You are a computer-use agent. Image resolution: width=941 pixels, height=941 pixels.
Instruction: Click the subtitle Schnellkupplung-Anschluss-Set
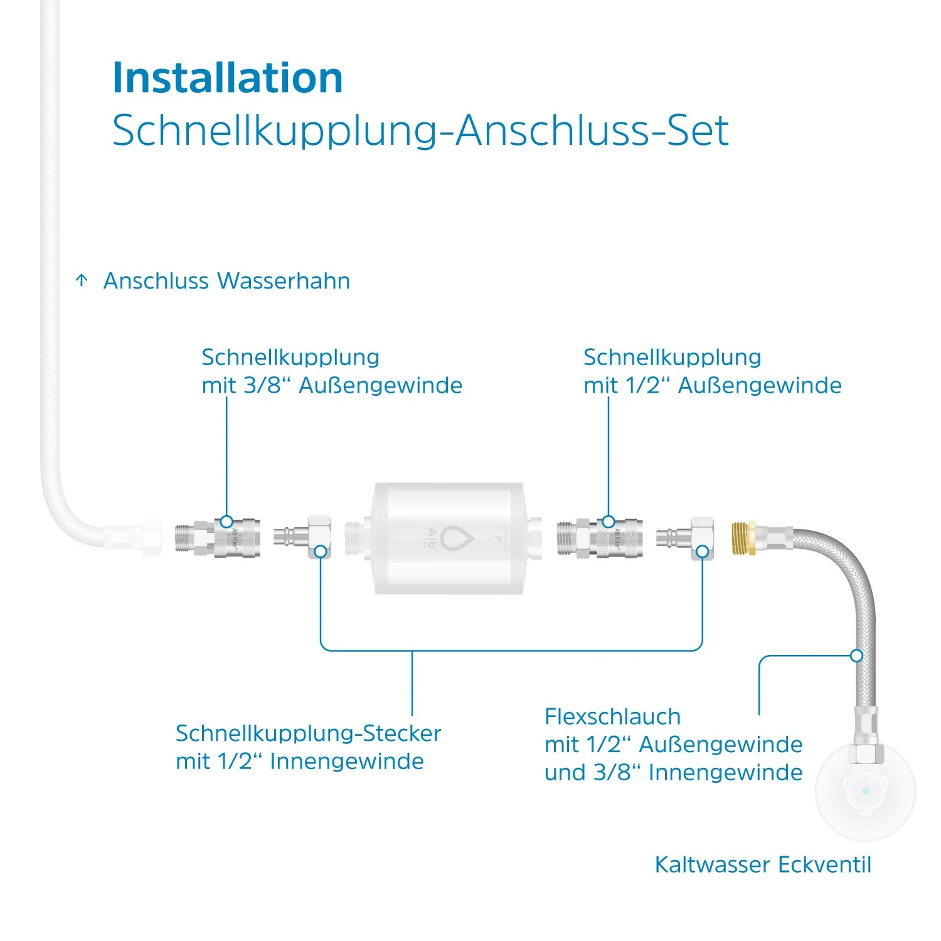click(420, 131)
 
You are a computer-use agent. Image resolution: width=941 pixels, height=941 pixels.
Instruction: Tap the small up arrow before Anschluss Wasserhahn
click(82, 280)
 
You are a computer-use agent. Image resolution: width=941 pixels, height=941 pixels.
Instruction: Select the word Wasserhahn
click(284, 280)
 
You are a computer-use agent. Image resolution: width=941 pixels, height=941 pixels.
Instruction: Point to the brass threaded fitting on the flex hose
click(743, 538)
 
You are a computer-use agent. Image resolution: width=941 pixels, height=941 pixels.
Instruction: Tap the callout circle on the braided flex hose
click(857, 656)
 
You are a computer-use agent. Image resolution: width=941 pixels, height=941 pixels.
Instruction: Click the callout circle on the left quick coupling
click(226, 521)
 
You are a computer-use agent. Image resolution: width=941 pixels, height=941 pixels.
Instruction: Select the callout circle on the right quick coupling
click(609, 521)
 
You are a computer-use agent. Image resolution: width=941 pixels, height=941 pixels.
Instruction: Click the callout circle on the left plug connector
click(321, 551)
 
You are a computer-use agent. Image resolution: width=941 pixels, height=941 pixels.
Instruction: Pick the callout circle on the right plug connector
click(703, 551)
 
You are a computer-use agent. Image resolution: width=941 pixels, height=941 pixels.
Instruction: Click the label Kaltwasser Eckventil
click(763, 864)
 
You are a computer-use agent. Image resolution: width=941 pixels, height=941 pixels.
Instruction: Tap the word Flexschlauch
click(612, 716)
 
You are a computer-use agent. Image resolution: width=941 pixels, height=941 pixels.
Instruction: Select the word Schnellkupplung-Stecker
click(308, 733)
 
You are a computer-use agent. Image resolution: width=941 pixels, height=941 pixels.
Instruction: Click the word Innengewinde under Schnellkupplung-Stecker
click(347, 761)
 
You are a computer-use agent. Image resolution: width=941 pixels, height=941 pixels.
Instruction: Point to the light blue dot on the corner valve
click(866, 791)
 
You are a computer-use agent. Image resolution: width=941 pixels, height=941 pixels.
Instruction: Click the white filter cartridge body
click(449, 538)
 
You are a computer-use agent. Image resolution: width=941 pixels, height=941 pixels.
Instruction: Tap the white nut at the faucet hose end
click(151, 538)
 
